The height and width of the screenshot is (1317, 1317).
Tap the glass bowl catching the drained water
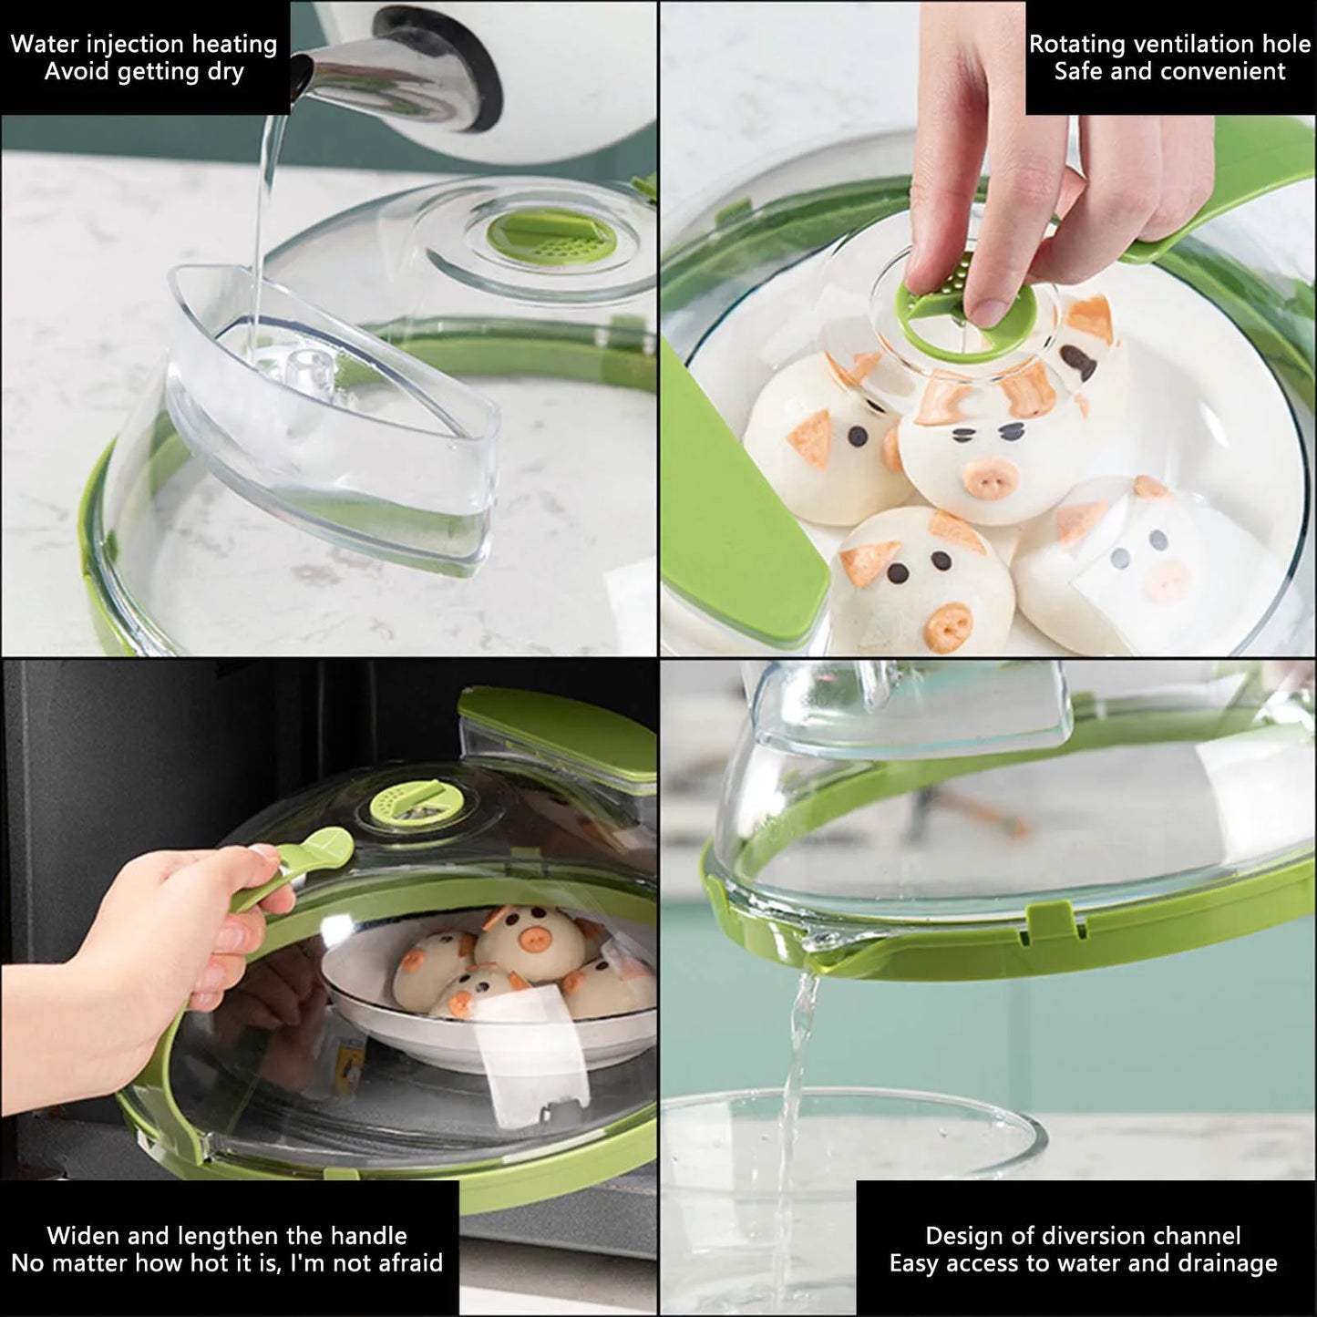(848, 1185)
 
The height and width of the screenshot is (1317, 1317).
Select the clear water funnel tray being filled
(337, 410)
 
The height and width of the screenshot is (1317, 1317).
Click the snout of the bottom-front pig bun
(949, 624)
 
